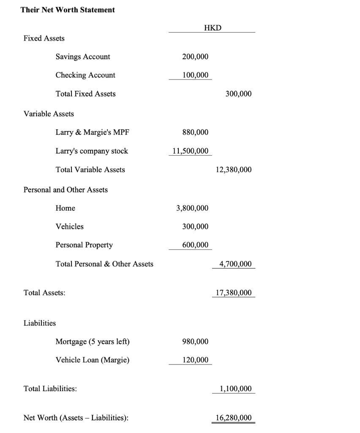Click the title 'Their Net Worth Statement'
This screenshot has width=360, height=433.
tap(68, 10)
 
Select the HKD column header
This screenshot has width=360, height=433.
tap(212, 28)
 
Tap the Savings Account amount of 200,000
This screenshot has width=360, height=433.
tap(195, 57)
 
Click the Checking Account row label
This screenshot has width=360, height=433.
tap(85, 75)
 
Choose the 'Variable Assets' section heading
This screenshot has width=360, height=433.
tap(49, 114)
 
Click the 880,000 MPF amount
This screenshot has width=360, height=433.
tap(195, 133)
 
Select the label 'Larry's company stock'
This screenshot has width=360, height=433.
tap(92, 151)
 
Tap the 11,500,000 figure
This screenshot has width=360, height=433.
tap(190, 151)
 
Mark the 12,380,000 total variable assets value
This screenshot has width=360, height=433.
tap(234, 170)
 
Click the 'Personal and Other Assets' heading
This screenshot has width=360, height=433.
tap(65, 190)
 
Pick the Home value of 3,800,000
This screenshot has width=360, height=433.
tap(192, 208)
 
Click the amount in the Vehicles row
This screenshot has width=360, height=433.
tap(195, 227)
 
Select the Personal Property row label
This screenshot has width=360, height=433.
tap(84, 245)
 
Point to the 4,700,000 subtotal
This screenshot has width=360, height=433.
tap(235, 264)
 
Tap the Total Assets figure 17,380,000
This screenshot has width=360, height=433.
tap(234, 293)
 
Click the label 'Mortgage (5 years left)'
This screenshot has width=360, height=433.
tap(93, 342)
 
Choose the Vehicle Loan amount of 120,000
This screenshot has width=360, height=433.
tap(195, 360)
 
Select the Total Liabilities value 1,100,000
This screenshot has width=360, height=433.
tap(235, 389)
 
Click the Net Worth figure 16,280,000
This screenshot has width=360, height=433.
tap(234, 418)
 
